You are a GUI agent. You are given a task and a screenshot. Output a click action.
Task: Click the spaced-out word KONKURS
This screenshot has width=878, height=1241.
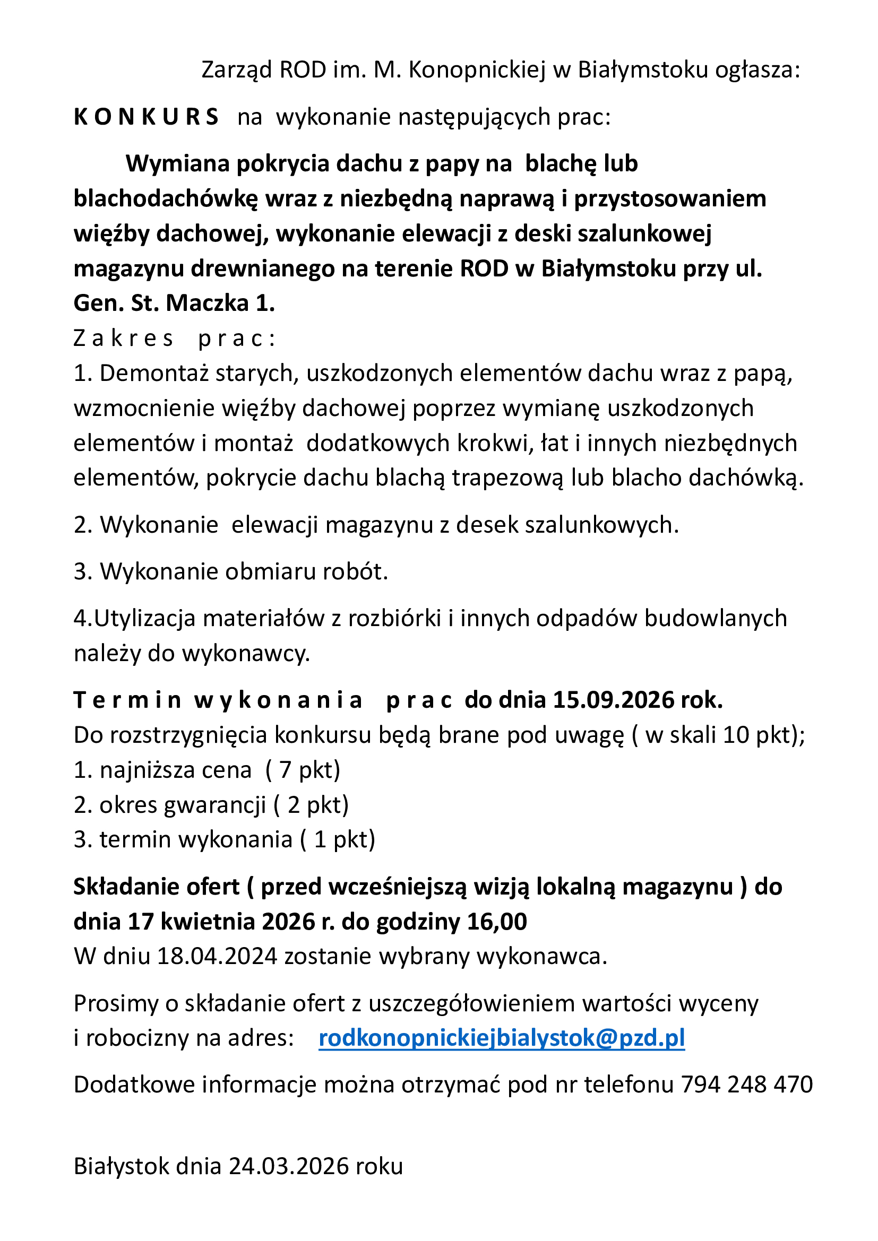(146, 117)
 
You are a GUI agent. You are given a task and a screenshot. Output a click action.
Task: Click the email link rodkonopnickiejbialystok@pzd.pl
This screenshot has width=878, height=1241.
(502, 1038)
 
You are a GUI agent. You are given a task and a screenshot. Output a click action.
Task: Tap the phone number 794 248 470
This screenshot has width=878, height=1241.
(747, 1084)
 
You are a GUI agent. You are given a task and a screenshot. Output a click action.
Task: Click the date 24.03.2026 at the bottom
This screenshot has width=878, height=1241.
(289, 1166)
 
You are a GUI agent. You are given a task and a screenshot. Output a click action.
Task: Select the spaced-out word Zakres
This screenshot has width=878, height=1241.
(123, 339)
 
